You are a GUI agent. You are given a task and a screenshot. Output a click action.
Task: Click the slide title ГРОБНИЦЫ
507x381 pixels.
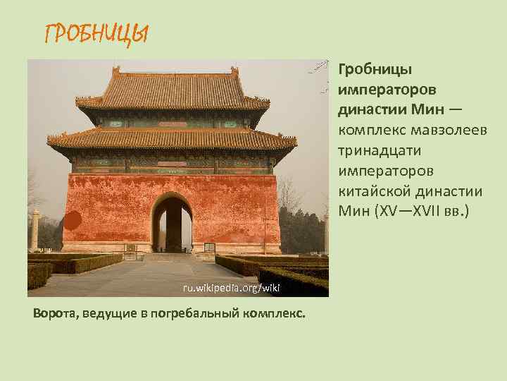pyautogui.click(x=96, y=32)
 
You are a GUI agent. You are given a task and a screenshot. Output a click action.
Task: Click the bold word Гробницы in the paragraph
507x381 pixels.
pyautogui.click(x=375, y=70)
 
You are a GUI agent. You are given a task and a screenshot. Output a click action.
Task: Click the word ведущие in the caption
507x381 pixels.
pyautogui.click(x=106, y=313)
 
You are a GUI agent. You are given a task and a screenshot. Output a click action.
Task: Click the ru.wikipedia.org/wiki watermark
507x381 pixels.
pyautogui.click(x=222, y=288)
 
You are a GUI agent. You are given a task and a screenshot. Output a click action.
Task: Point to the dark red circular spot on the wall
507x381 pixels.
pyautogui.click(x=73, y=221)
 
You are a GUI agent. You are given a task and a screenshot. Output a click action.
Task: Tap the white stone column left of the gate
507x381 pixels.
pyautogui.click(x=35, y=230)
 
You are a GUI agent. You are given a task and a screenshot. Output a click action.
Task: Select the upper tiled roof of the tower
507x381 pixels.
pyautogui.click(x=173, y=92)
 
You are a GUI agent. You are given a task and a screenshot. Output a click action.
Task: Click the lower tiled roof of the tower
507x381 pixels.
pyautogui.click(x=173, y=138)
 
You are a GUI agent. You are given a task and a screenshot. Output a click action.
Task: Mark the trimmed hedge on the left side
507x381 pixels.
pyautogui.click(x=70, y=266)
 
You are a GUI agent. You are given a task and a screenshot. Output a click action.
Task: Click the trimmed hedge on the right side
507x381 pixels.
pyautogui.click(x=282, y=272)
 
